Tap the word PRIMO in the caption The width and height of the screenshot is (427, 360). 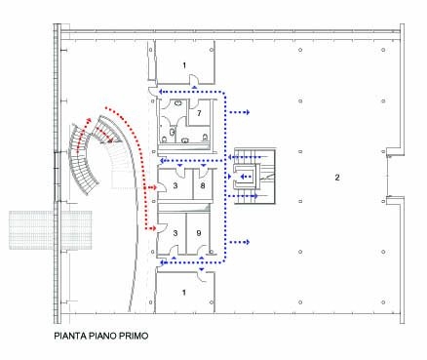(135, 336)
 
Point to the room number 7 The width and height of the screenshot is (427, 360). (199, 113)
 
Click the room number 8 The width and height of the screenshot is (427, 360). (203, 185)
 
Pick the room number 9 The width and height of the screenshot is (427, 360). (199, 233)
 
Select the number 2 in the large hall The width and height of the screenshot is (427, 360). (337, 178)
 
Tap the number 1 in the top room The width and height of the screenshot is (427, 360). (184, 65)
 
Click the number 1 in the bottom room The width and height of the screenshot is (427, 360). (184, 293)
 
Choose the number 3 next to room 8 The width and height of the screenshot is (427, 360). (175, 185)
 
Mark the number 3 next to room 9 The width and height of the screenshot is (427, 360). (175, 233)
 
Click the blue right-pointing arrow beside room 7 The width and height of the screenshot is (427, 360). (240, 112)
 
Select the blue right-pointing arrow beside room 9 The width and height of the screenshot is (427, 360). (240, 242)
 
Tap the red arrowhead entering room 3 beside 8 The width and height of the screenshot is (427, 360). (154, 187)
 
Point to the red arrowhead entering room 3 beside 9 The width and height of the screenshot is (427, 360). (154, 229)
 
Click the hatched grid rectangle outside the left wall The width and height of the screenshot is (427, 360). (51, 230)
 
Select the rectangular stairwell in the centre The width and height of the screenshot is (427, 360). (255, 177)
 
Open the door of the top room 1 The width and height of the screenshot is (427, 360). (194, 79)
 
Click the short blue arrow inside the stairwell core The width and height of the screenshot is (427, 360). (246, 177)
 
